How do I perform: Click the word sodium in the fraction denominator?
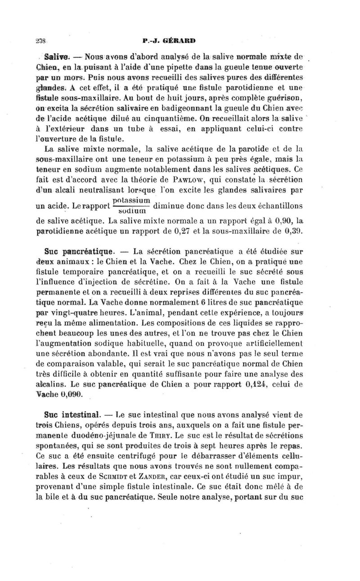(131, 210)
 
